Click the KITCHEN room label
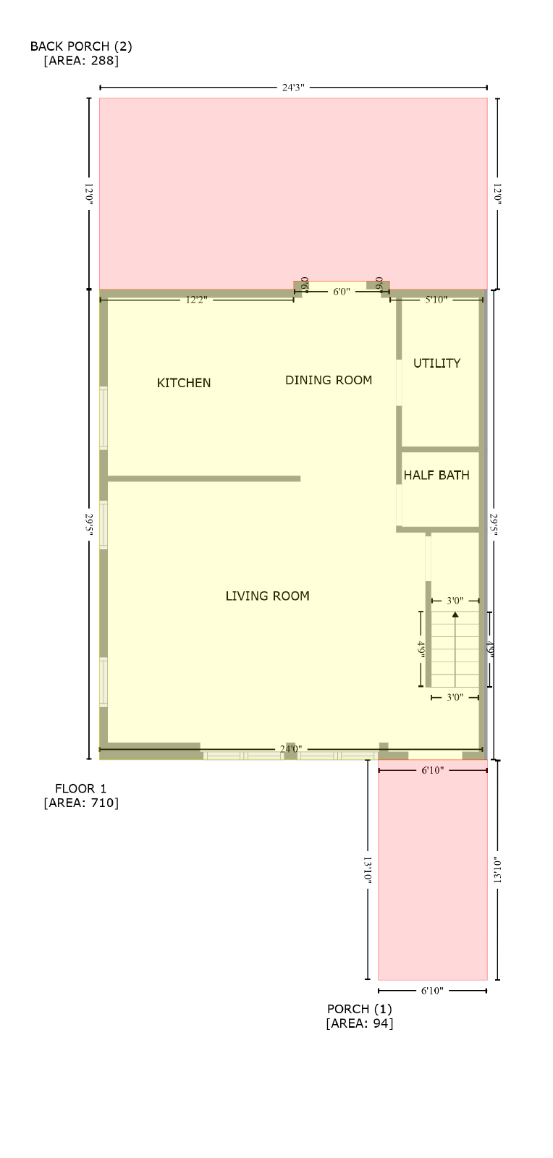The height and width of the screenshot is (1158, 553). coord(183,383)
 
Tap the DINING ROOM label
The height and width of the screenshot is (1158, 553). coord(329,381)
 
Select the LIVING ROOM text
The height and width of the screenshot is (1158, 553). coord(267,596)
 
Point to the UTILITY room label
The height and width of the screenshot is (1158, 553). coord(436,363)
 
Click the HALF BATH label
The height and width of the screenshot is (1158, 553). coord(436,475)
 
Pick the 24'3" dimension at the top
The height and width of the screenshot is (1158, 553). coord(293,88)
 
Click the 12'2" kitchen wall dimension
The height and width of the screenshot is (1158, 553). coord(196,300)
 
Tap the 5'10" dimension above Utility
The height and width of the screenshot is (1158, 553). coord(436,300)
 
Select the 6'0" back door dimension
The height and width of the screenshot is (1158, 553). coord(342,292)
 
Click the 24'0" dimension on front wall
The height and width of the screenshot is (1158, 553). coord(291,748)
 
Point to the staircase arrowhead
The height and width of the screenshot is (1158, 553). coord(455,614)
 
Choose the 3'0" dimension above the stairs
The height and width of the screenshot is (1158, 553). coord(455,601)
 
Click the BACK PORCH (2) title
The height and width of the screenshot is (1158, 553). coord(81,46)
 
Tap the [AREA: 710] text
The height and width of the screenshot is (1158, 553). coord(81,803)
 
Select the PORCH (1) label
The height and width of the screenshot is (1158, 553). coord(360,1009)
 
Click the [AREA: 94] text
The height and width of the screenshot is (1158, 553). coord(360,1023)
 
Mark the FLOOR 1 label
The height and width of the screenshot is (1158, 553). coord(80,789)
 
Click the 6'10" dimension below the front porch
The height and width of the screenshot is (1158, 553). coord(433,991)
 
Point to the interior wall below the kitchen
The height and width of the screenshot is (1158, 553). coord(204,478)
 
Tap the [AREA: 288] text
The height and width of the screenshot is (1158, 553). coord(81,61)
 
